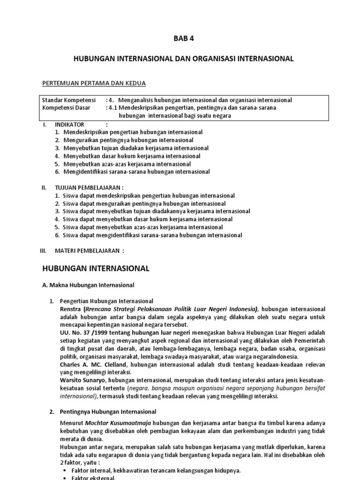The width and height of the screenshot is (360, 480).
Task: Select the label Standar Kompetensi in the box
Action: pyautogui.click(x=69, y=100)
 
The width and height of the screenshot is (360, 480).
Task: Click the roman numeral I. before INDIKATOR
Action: pyautogui.click(x=45, y=125)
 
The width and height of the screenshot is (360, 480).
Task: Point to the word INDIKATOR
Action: pyautogui.click(x=69, y=125)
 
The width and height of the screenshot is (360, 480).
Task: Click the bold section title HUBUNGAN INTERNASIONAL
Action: pyautogui.click(x=96, y=268)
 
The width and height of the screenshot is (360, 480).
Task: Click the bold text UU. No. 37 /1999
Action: pyautogui.click(x=83, y=332)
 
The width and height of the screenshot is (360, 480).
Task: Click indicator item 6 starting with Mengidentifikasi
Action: pyautogui.click(x=136, y=172)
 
